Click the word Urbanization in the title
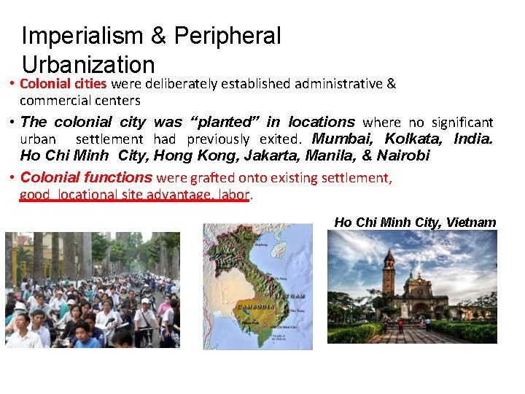tap(88, 65)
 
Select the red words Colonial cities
tap(63, 84)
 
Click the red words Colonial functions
tap(86, 177)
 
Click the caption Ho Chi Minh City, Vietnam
tap(415, 223)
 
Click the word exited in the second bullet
tap(277, 139)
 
